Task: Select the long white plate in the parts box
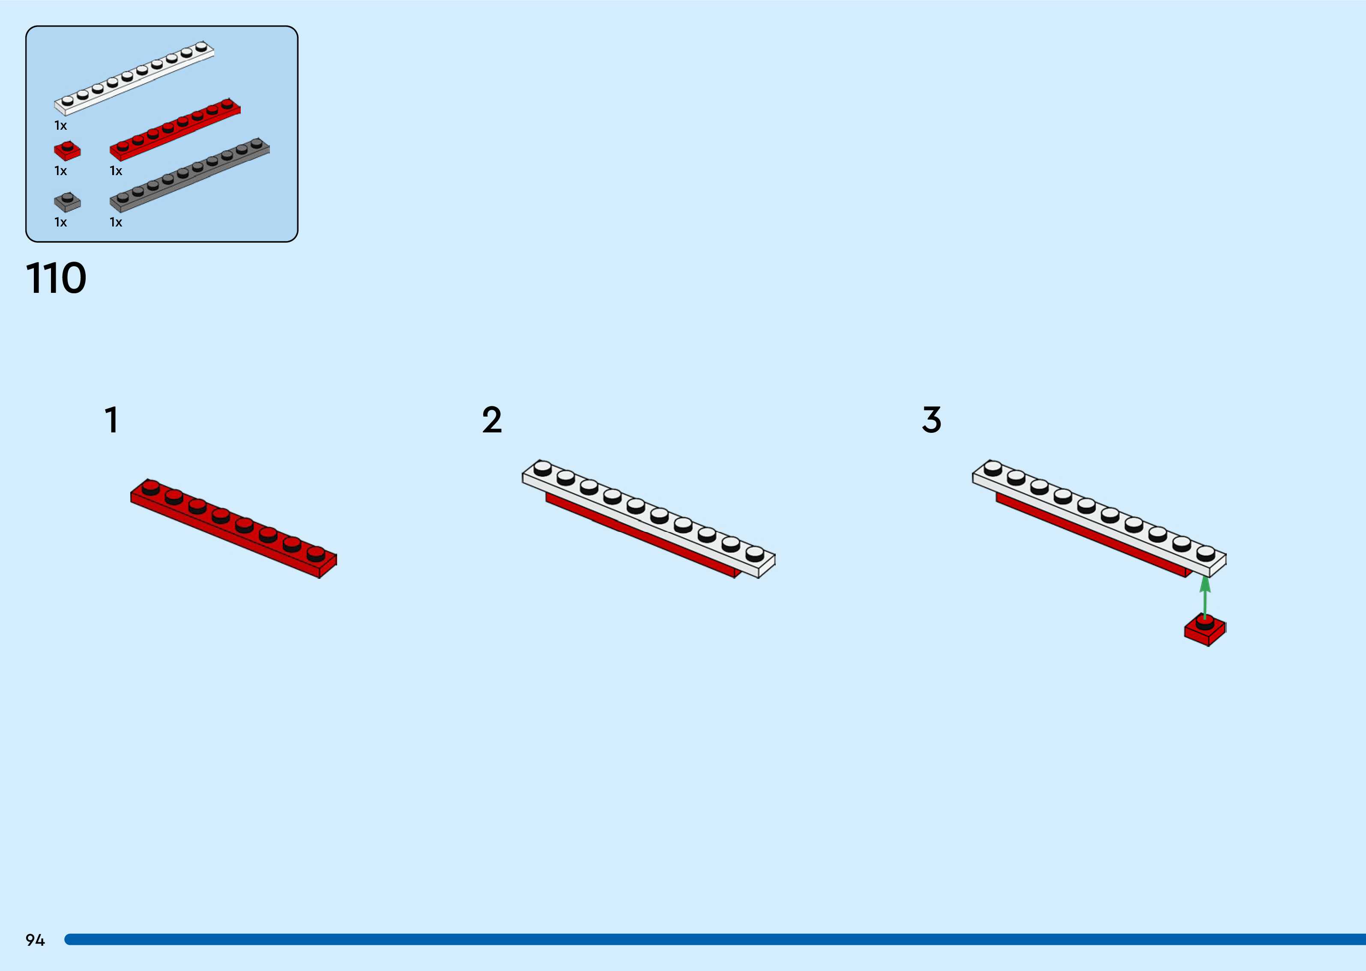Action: click(134, 78)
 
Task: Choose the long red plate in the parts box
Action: click(175, 130)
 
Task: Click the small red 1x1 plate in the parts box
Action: click(67, 151)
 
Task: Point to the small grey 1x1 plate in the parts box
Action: click(67, 202)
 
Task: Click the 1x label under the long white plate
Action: click(60, 125)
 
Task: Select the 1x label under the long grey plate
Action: click(115, 223)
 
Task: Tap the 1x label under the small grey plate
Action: click(60, 223)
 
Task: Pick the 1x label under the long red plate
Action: click(115, 171)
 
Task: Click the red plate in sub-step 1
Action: click(233, 529)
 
